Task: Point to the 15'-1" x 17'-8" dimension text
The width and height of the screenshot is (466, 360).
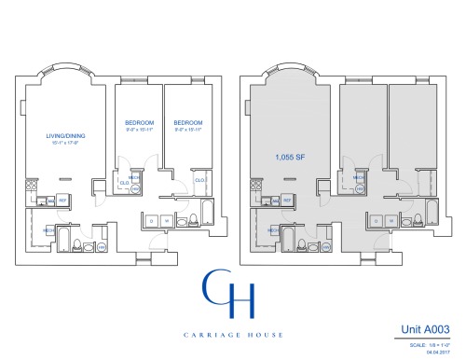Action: click(x=62, y=143)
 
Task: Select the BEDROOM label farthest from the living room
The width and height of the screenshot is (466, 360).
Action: click(x=188, y=122)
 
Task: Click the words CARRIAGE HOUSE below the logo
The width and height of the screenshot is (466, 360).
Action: click(x=230, y=329)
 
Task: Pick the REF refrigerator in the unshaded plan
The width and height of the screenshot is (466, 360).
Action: click(x=62, y=201)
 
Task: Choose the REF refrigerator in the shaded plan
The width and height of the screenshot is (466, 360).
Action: click(x=288, y=201)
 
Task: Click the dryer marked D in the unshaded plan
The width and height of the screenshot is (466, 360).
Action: click(x=152, y=221)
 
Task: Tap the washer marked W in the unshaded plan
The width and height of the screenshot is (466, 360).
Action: click(x=166, y=221)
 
